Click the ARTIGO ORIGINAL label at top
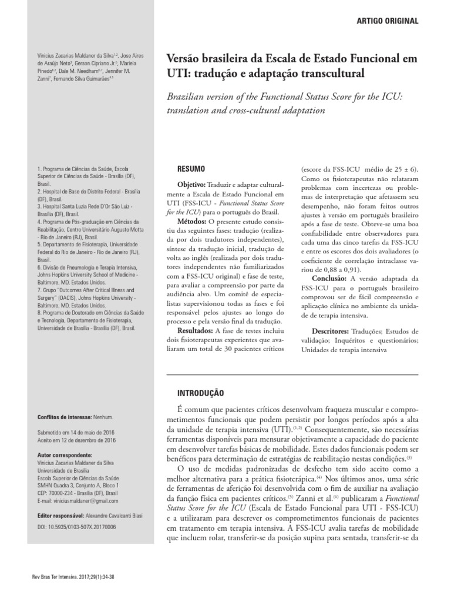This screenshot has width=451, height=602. (x=388, y=21)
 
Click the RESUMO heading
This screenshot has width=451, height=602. (x=191, y=169)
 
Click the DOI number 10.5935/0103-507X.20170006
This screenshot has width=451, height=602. (x=76, y=528)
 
